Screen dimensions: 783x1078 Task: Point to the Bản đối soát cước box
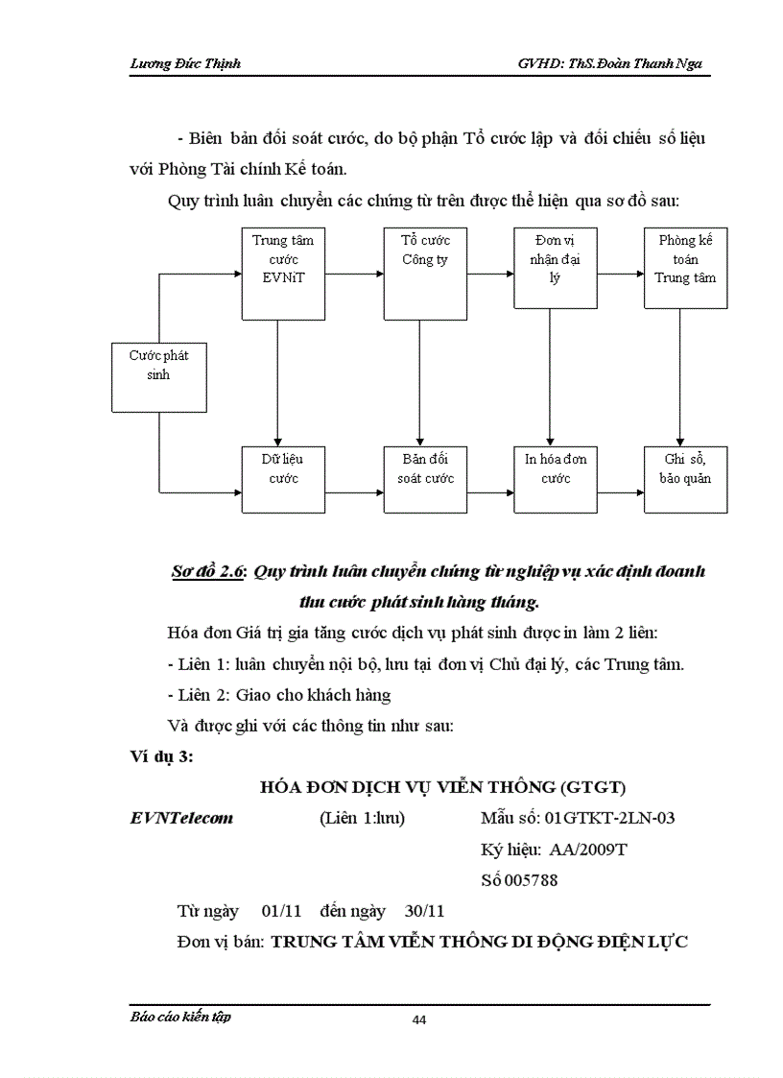(x=418, y=478)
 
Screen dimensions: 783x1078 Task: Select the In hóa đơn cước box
(x=549, y=478)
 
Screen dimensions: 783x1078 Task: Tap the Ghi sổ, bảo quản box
(x=679, y=478)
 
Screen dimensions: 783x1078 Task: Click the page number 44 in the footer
(x=418, y=1019)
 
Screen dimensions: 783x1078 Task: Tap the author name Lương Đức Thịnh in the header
(x=184, y=63)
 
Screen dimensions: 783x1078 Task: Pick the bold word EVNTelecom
(x=181, y=818)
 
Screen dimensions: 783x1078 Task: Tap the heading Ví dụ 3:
(x=161, y=756)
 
